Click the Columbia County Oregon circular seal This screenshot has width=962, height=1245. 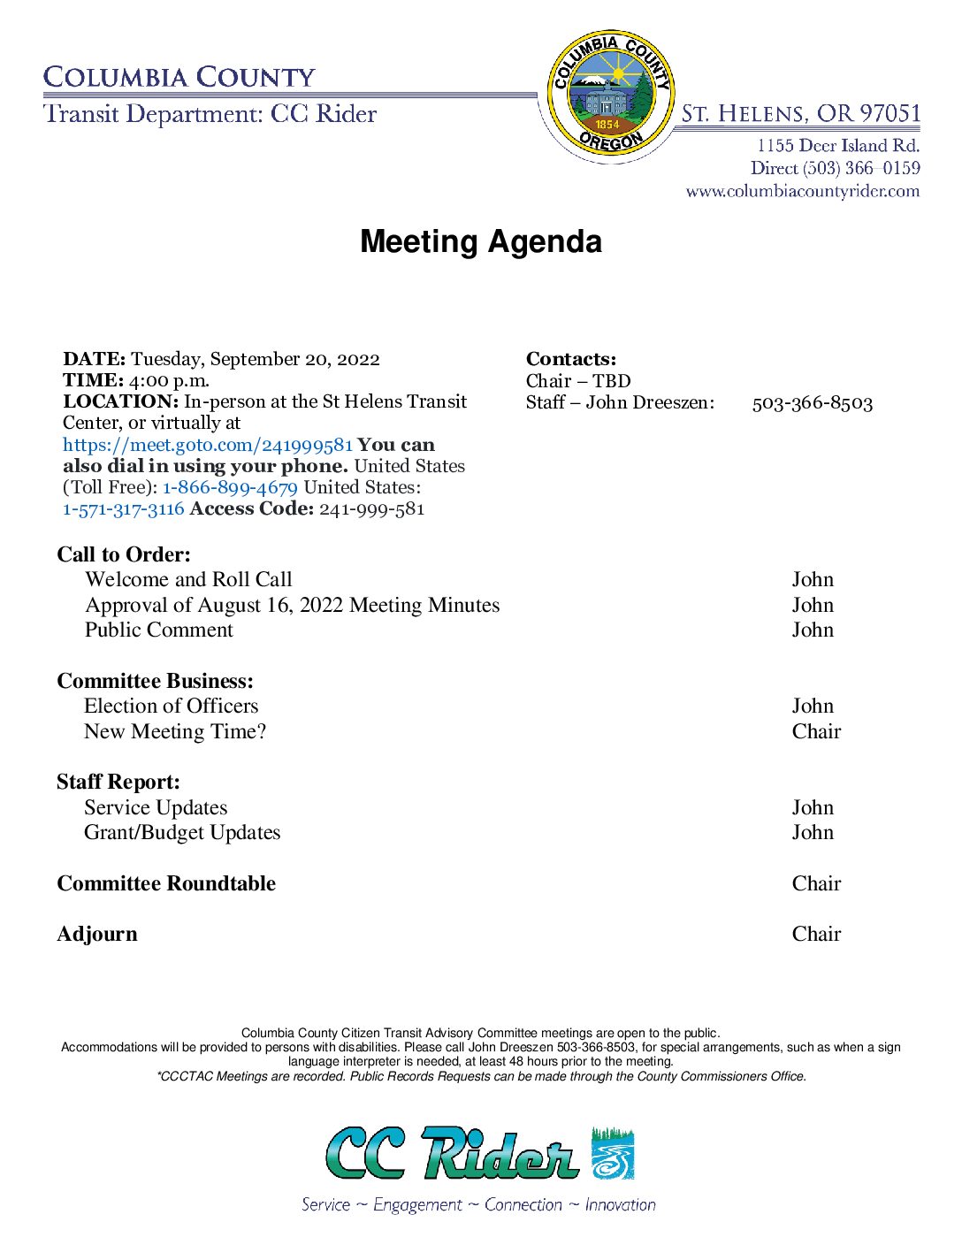pos(609,92)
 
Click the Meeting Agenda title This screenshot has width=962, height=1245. pos(481,241)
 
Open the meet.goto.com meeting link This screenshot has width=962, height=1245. pos(208,445)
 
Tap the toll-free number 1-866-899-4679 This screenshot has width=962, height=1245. pos(230,487)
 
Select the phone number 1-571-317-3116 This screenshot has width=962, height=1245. pos(124,508)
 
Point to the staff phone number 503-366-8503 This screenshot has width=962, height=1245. pos(812,403)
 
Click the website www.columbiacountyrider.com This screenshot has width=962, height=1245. pos(802,191)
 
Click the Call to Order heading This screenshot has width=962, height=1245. pos(124,554)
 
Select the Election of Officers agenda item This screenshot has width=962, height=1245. pos(172,706)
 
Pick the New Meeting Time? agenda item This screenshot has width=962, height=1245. pos(175,731)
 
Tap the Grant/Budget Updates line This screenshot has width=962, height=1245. pos(182,832)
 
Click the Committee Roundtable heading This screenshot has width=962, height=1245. pos(166,883)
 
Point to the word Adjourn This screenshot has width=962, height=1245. pos(97,934)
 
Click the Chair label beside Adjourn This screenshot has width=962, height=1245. pos(816,934)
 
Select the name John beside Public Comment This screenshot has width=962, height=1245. pos(813,630)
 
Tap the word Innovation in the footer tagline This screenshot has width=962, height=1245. pos(620,1204)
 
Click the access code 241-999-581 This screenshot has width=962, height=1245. pos(371,508)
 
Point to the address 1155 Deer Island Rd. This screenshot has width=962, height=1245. pos(837,146)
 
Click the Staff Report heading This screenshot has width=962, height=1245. pos(118,782)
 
